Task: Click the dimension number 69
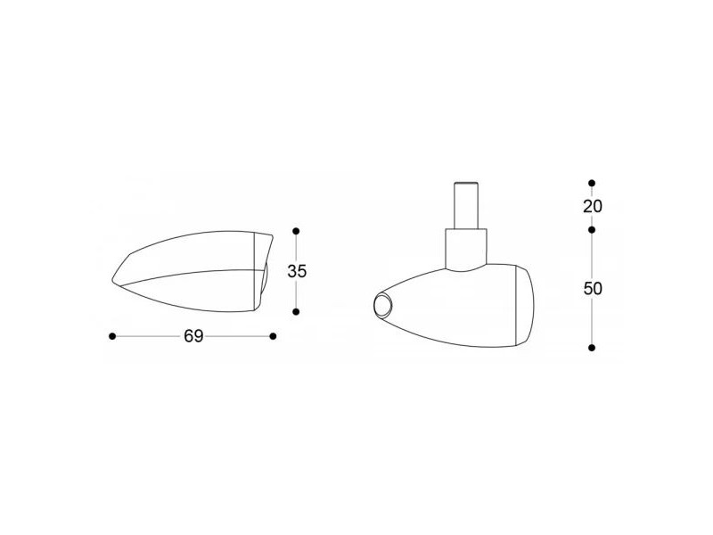click(x=193, y=336)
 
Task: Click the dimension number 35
click(x=297, y=271)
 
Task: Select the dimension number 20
click(x=593, y=207)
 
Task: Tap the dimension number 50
click(x=593, y=288)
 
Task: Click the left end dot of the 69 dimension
click(x=112, y=336)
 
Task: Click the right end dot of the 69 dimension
click(x=273, y=336)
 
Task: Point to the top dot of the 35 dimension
click(x=296, y=231)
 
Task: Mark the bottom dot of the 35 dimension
click(x=296, y=311)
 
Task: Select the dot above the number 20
click(x=592, y=183)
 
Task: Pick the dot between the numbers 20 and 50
click(x=592, y=230)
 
